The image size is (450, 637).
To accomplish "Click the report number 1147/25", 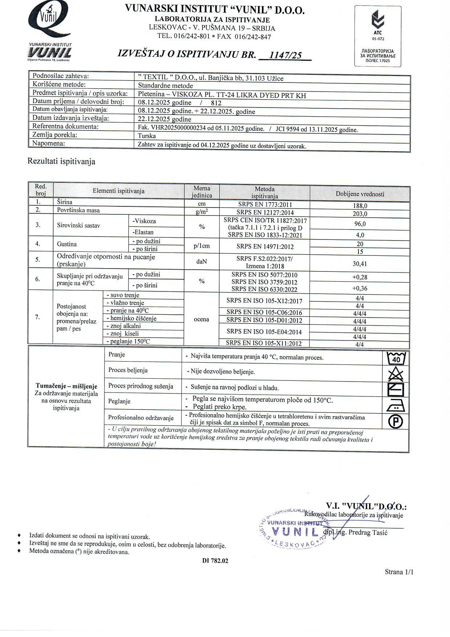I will tap(286, 55).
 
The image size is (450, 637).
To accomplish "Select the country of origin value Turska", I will tap(147, 136).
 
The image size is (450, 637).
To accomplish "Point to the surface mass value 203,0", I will tap(360, 214).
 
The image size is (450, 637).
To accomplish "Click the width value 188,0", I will tap(360, 206).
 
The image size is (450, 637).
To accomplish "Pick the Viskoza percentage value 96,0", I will tap(360, 224).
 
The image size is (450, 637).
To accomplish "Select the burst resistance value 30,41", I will tap(360, 264).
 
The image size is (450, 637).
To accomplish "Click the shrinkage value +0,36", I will tap(360, 289).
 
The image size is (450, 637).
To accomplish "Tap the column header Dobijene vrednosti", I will tap(360, 194).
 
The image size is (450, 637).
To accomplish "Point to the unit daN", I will tap(202, 261).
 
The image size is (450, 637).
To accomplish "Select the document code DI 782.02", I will tap(215, 561).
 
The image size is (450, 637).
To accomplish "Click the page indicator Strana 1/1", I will tap(399, 572).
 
